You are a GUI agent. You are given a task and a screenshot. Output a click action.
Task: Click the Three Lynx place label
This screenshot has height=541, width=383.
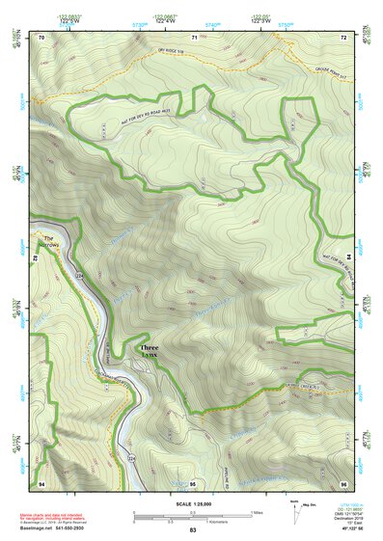point(148,352)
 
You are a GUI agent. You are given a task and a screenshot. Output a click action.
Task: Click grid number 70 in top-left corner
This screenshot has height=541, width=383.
point(41,37)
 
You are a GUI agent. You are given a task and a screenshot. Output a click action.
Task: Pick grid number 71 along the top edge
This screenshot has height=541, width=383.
point(194,37)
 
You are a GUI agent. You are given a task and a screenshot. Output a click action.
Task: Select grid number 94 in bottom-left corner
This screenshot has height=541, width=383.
point(41,483)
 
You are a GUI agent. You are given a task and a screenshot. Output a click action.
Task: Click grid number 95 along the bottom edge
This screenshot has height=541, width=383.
point(193,483)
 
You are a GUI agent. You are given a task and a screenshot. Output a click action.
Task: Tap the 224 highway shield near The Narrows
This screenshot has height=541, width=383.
point(81,276)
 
